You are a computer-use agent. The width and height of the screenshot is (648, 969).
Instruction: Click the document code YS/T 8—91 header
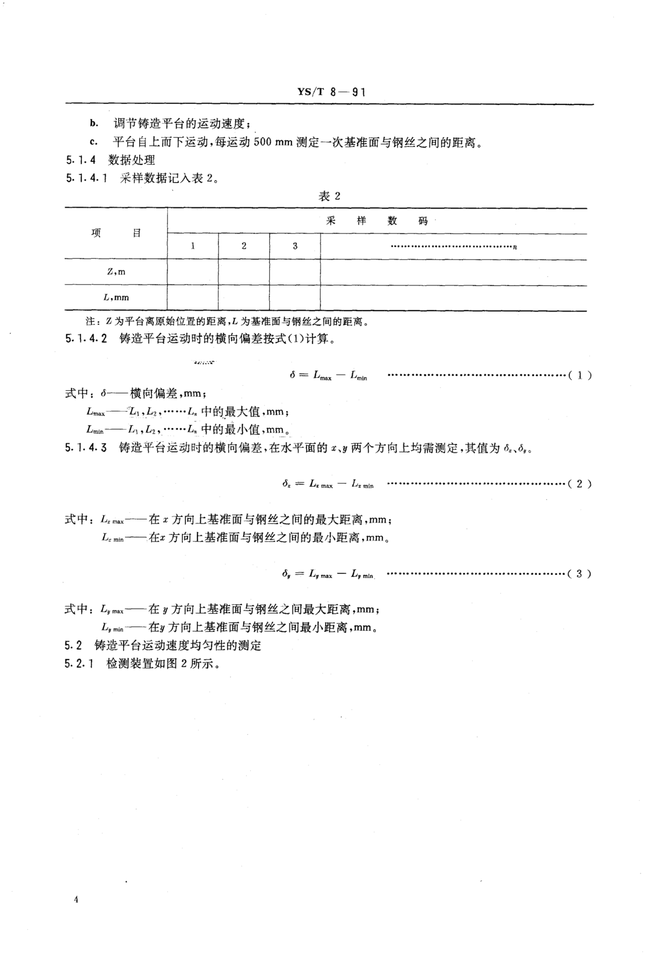pos(331,92)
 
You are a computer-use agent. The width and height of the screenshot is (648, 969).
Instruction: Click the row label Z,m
pos(116,272)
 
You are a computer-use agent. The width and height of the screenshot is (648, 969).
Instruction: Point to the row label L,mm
pos(116,297)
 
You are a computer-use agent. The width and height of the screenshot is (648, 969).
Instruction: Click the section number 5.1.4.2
pos(86,339)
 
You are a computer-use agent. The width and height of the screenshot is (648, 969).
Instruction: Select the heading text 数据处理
pos(131,160)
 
